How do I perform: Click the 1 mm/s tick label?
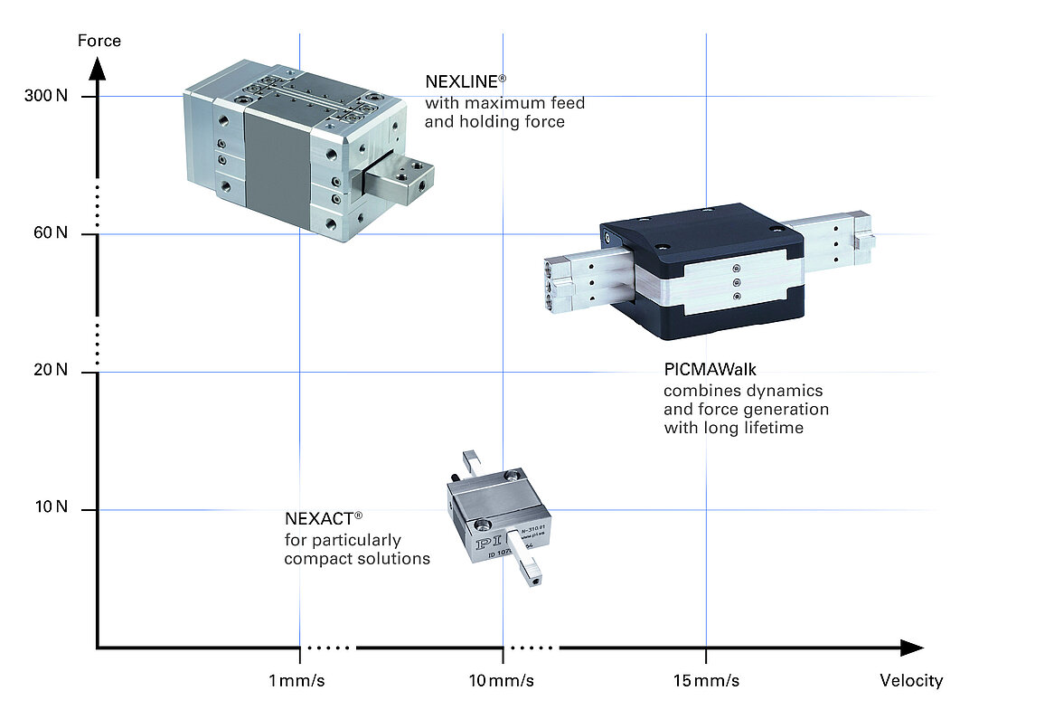point(296,680)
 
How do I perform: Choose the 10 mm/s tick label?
point(501,680)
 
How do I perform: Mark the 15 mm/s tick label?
point(706,680)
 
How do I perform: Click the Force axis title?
point(99,41)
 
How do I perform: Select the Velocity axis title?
point(911,680)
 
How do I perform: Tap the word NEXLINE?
point(460,82)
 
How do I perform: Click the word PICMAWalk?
point(710,369)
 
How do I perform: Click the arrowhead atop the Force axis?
point(99,68)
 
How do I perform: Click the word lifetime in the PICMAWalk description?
point(769,428)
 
